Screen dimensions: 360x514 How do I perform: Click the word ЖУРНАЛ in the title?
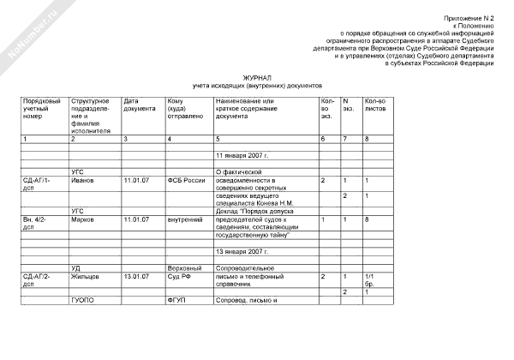257,76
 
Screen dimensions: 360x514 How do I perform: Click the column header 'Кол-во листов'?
375,105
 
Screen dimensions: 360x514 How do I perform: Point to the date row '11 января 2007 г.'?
242,155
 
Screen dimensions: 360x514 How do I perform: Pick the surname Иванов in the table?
84,180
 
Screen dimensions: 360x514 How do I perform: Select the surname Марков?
84,219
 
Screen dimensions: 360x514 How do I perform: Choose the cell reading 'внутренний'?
183,219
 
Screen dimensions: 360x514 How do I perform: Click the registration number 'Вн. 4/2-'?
37,219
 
